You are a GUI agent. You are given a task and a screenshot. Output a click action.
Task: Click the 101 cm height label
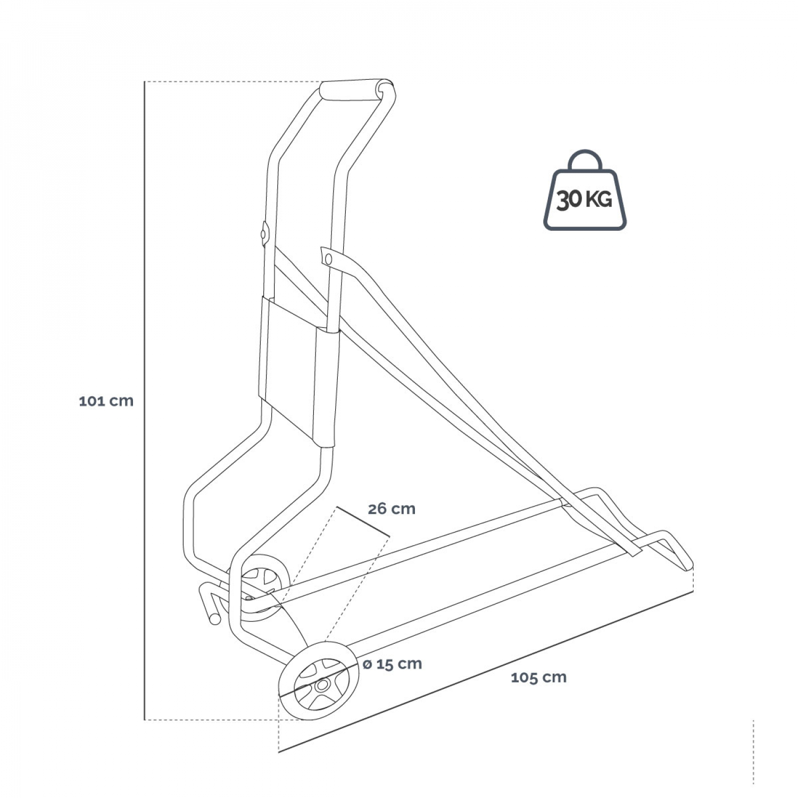pos(106,401)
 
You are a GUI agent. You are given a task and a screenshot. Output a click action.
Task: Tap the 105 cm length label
pos(538,678)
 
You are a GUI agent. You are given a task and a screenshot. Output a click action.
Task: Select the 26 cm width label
pos(392,509)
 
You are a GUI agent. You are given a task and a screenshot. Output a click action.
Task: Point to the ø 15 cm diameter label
pos(393,664)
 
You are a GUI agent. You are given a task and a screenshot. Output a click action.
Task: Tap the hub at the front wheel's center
pos(321,686)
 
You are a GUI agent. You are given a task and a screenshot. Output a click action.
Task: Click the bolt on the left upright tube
pos(264,234)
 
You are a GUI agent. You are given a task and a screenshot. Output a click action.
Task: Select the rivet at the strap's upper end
pos(328,259)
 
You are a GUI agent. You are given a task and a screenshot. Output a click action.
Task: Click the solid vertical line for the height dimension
pos(145,401)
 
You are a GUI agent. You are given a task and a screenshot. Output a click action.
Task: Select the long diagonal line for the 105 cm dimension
pos(486,671)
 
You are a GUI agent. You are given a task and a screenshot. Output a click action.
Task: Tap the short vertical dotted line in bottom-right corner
pos(753,752)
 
